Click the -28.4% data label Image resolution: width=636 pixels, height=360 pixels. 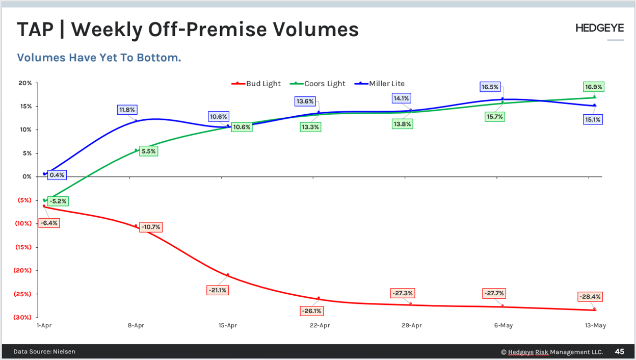click(x=590, y=297)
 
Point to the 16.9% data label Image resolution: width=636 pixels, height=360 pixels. click(x=593, y=87)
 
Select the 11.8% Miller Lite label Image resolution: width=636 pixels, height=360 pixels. click(x=127, y=110)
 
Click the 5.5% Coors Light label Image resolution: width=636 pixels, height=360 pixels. click(x=148, y=151)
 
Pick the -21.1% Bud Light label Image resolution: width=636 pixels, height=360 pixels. click(x=218, y=290)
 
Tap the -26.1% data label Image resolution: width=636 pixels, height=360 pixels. click(x=311, y=311)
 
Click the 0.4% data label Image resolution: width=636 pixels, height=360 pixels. click(x=57, y=175)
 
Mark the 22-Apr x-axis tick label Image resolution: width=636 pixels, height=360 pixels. click(x=320, y=325)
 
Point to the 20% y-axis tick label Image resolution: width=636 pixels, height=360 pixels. click(x=25, y=83)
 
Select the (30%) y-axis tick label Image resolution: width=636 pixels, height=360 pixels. click(x=22, y=317)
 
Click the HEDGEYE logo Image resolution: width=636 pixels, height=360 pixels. click(x=599, y=29)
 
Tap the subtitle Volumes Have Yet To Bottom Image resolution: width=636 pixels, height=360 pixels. click(x=99, y=58)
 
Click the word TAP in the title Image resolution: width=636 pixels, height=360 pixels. click(x=35, y=30)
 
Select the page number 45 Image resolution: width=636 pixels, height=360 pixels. click(x=619, y=352)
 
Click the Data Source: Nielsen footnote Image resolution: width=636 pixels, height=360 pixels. click(x=44, y=352)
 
